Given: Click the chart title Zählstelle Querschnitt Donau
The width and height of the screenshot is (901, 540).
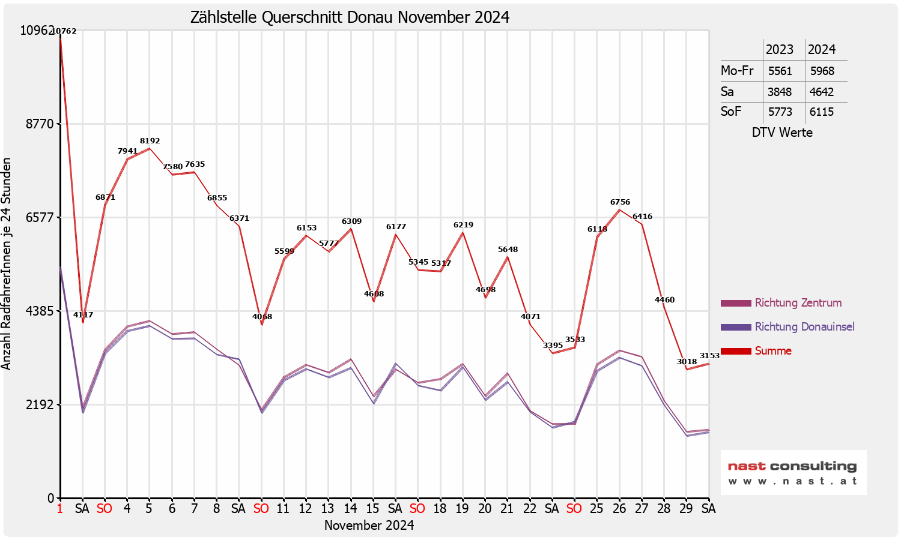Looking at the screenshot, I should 350,17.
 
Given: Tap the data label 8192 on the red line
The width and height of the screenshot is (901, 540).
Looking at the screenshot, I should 150,141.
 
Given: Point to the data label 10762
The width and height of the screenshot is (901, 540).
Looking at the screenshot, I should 64,31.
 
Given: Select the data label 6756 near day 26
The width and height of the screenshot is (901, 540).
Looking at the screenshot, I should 620,202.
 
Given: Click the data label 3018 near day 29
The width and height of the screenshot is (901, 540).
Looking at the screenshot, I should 687,361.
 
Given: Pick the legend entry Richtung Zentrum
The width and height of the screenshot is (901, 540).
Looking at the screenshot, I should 798,303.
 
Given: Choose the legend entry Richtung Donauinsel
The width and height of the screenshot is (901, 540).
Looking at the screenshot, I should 804,327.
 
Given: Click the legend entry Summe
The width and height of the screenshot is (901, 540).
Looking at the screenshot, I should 773,351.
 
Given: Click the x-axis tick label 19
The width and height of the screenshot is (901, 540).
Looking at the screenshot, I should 462,509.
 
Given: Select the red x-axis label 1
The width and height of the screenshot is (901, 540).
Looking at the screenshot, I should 59,509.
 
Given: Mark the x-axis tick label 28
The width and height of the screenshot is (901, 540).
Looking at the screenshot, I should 664,509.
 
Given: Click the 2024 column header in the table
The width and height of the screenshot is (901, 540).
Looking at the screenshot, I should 822,50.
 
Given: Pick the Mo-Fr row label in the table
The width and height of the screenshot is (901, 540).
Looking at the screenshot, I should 737,71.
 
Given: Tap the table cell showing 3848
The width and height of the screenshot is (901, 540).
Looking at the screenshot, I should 780,92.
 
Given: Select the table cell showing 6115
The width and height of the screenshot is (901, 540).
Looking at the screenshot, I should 822,112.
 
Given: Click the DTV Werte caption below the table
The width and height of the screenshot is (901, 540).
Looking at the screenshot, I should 782,133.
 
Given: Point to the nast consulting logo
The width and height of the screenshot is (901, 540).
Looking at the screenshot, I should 793,472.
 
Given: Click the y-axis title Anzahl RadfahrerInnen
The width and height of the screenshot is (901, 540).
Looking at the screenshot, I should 7,264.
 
